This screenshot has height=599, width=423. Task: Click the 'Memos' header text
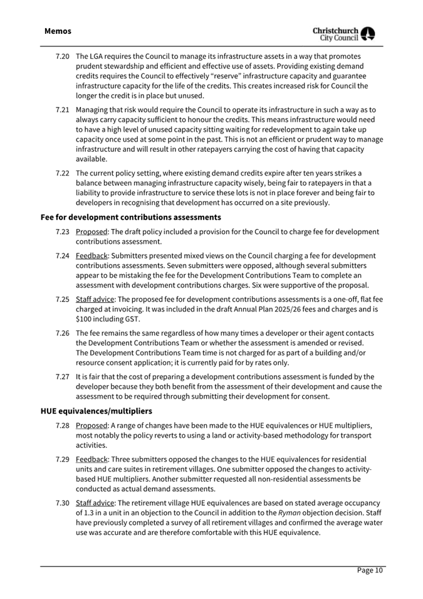pyautogui.click(x=58, y=31)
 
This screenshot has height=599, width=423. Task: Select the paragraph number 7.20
pyautogui.click(x=62, y=56)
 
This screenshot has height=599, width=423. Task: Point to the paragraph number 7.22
pyautogui.click(x=62, y=173)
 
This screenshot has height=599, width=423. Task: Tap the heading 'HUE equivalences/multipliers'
pyautogui.click(x=96, y=411)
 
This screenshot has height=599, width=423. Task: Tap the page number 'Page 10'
pyautogui.click(x=370, y=570)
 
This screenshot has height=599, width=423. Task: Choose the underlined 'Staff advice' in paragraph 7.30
pyautogui.click(x=95, y=503)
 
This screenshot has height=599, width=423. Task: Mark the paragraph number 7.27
pyautogui.click(x=62, y=377)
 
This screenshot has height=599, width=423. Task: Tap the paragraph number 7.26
pyautogui.click(x=62, y=334)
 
